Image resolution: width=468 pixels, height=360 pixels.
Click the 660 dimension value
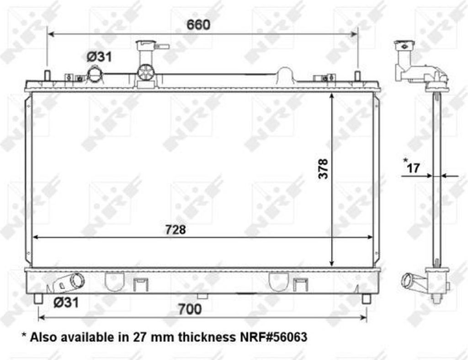click(x=198, y=25)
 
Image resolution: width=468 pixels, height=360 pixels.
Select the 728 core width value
click(x=175, y=230)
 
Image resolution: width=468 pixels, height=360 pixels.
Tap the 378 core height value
click(x=323, y=169)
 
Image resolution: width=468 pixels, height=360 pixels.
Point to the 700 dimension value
click(x=190, y=309)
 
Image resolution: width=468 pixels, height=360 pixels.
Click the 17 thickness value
click(x=413, y=168)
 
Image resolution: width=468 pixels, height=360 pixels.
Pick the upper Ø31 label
click(x=99, y=57)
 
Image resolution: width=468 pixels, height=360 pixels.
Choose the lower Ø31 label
click(x=66, y=303)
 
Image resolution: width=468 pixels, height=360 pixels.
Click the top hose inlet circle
click(x=94, y=74)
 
